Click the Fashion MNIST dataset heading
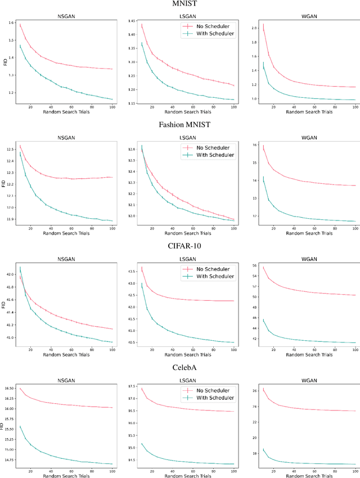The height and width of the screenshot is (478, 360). pos(180,124)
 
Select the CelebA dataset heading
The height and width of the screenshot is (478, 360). pos(180,367)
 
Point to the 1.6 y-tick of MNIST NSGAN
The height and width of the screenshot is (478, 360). pos(12,22)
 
